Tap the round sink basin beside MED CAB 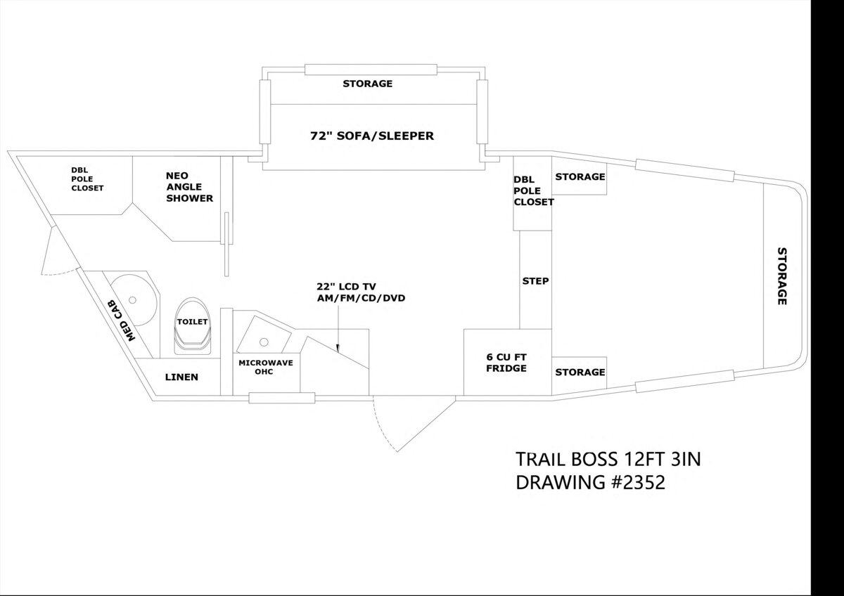point(133,300)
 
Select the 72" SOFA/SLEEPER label point(372,136)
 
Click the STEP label point(535,281)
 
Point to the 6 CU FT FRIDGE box point(506,362)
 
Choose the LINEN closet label point(181,377)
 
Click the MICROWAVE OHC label point(261,366)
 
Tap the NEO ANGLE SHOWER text point(189,187)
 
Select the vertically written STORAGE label point(781,276)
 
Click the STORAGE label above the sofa point(367,84)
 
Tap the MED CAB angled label point(121,320)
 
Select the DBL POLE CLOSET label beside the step point(533,190)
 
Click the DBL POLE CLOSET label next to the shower point(87,179)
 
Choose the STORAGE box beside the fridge point(580,372)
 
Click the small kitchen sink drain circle point(264,342)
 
